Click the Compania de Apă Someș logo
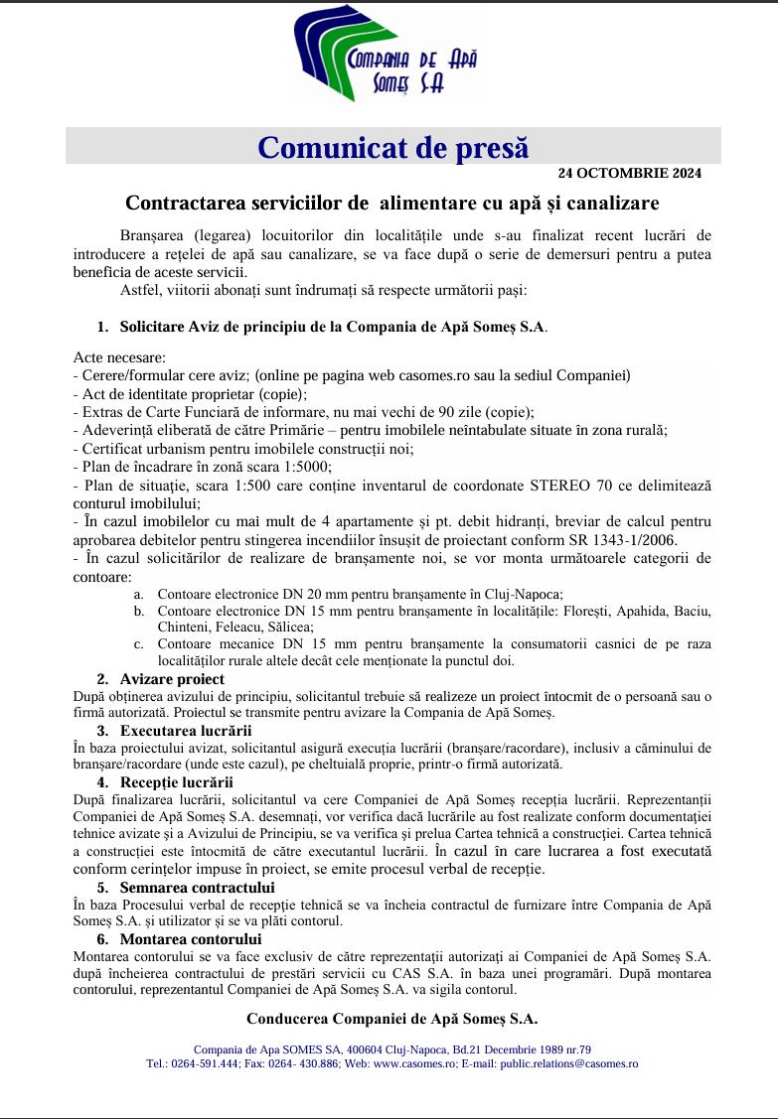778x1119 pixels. point(388,59)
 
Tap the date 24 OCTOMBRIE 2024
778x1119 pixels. point(629,173)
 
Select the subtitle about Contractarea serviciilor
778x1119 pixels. point(392,204)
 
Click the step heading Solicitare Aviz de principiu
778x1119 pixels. point(333,326)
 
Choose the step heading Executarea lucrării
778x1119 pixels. point(185,731)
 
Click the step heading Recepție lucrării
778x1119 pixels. point(176,782)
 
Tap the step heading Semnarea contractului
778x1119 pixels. point(197,887)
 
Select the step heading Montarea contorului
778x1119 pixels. point(191,938)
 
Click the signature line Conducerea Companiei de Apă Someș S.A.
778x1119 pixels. point(392,1019)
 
